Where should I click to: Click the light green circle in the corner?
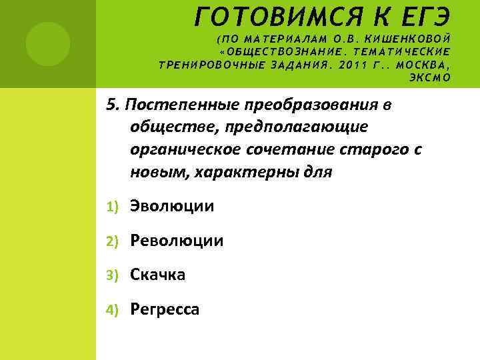pos(47,44)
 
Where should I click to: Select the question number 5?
pos(111,105)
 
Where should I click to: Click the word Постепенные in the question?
pos(181,105)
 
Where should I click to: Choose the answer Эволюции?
pos(172,206)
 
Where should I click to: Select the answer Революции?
pos(177,240)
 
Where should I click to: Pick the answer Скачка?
pos(158,274)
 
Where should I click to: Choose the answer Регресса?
pos(165,309)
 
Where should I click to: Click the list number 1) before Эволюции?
pos(114,207)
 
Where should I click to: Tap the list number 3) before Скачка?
pos(114,275)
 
